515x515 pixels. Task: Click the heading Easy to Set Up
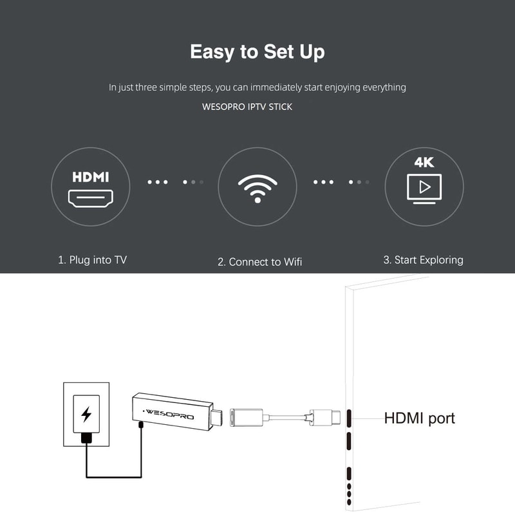coord(257,51)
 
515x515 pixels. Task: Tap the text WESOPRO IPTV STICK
coord(247,106)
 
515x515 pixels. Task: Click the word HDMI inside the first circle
coord(91,176)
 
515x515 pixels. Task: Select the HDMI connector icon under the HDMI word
coord(91,199)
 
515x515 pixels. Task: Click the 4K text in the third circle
coord(424,162)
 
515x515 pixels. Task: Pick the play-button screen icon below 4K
coord(424,188)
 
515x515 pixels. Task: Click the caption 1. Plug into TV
coord(93,261)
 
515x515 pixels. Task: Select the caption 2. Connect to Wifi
coord(259,261)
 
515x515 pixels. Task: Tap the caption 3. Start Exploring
coord(423,260)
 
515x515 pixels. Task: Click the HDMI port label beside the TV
coord(419,418)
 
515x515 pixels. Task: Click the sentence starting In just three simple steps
coord(257,87)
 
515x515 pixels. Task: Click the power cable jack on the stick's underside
coord(141,426)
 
